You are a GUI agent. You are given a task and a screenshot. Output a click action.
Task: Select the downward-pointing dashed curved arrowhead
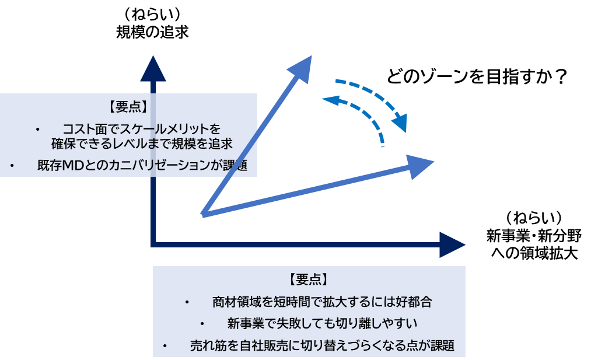[400, 123]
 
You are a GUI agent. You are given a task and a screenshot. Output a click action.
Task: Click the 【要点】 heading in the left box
[128, 107]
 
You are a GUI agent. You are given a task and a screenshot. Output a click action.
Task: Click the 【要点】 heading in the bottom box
[309, 279]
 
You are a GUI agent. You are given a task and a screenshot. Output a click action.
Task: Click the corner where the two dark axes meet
[153, 244]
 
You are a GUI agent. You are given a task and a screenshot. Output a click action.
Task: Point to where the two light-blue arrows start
[202, 215]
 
